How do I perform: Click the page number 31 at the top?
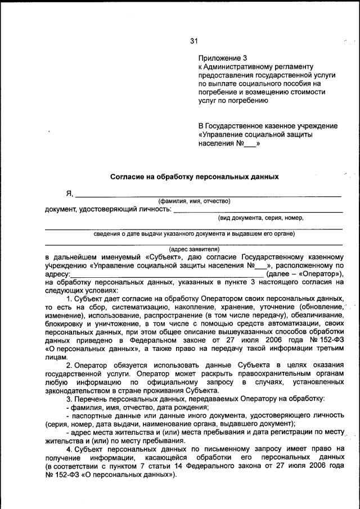pyautogui.click(x=194, y=41)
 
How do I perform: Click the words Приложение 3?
pyautogui.click(x=223, y=58)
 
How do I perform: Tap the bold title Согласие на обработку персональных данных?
pyautogui.click(x=194, y=177)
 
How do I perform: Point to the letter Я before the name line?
pyautogui.click(x=70, y=194)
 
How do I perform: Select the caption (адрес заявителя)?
pyautogui.click(x=194, y=249)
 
